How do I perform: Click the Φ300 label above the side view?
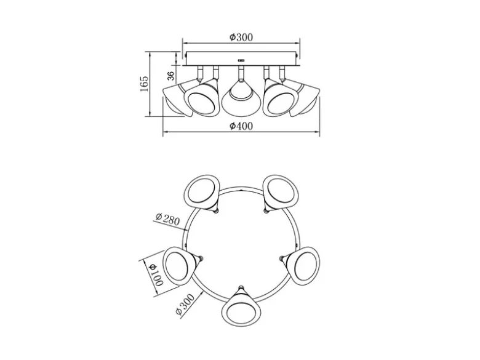pos(241,38)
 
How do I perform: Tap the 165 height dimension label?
pos(144,83)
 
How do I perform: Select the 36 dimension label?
pos(171,76)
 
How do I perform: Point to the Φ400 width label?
pos(241,126)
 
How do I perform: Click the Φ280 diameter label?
pos(167,219)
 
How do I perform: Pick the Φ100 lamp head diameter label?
pos(156,274)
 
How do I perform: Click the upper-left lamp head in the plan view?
pos(202,193)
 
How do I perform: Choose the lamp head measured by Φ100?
pos(180,265)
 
